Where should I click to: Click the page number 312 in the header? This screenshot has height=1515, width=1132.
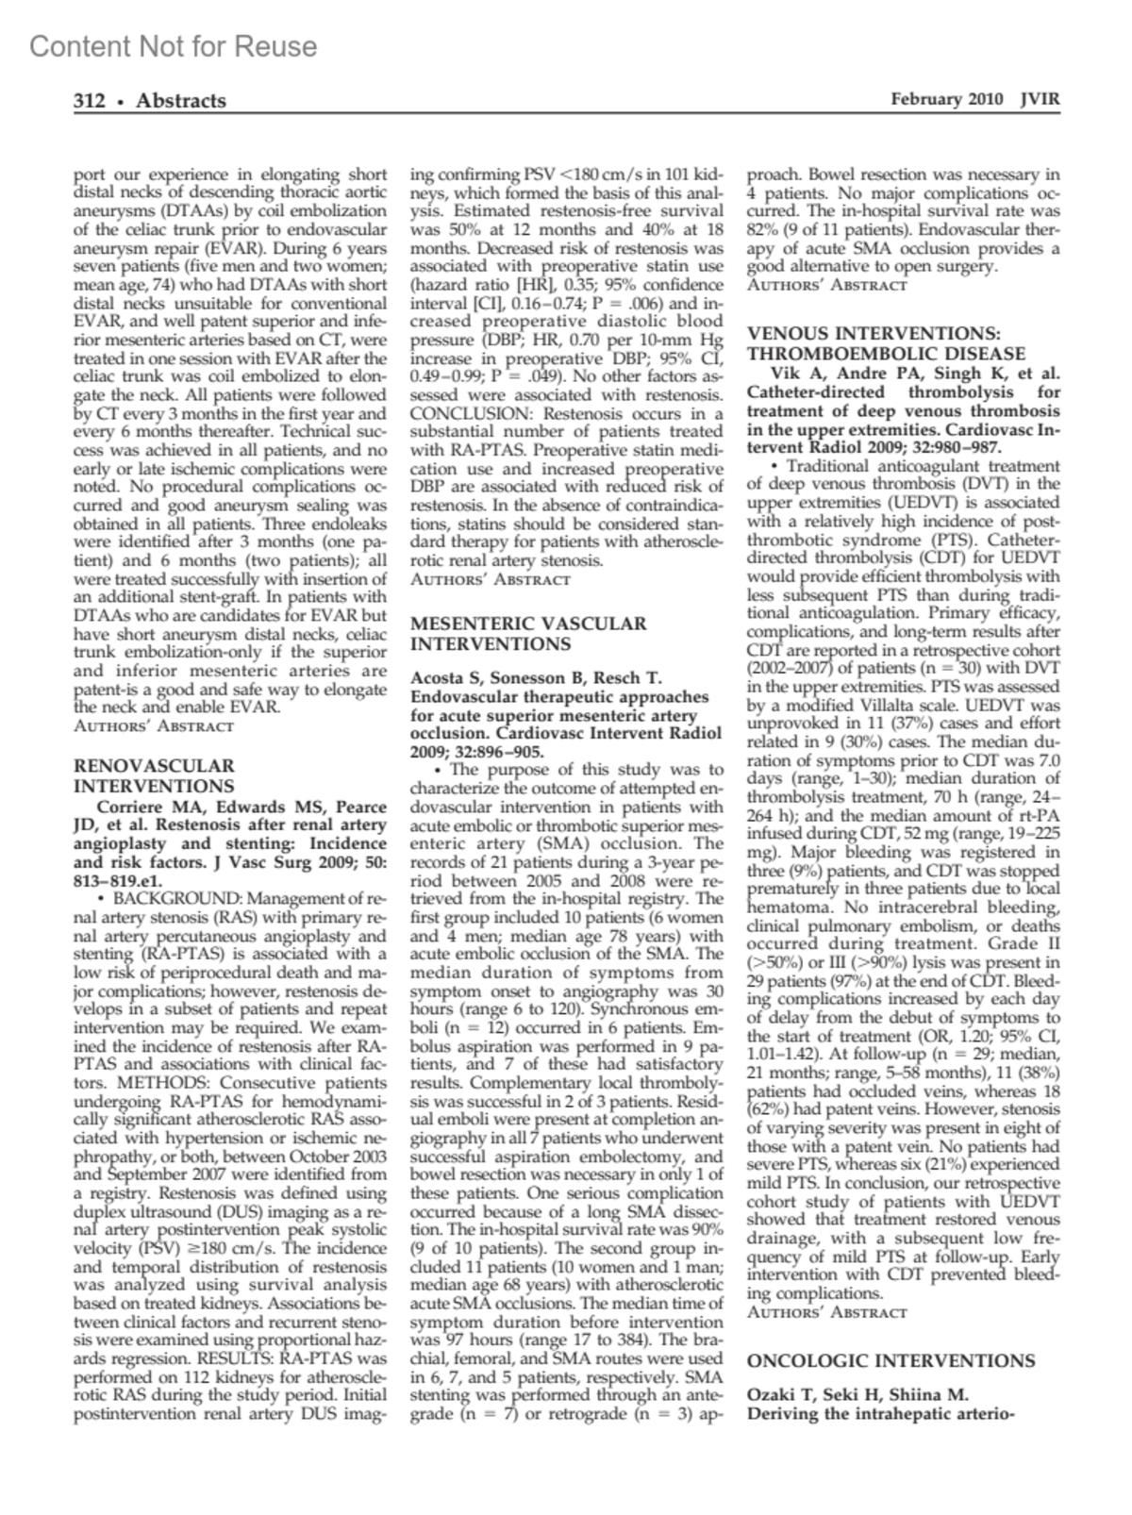pos(90,101)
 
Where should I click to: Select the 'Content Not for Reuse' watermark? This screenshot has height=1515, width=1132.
pos(174,46)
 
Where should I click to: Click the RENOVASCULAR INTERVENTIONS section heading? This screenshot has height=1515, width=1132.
pos(154,776)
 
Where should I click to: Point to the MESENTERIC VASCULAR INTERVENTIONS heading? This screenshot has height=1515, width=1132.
pos(528,634)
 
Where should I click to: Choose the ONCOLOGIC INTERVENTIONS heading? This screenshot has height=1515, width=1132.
pos(891,1361)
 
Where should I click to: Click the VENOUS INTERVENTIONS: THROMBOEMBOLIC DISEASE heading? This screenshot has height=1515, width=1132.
pos(887,343)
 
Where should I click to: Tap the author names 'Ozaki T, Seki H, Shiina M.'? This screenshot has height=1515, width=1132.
pos(857,1395)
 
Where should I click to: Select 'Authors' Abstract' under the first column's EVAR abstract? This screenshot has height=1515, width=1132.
pos(154,726)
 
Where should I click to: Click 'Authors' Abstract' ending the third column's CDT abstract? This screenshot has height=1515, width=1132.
pos(826,1312)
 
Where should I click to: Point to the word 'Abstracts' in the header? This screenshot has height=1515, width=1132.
pos(181,101)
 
